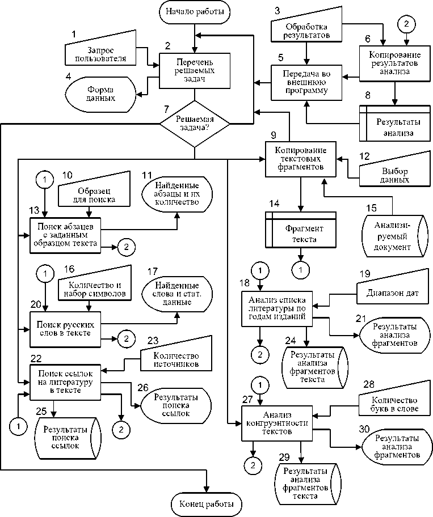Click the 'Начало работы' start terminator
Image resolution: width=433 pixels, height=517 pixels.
click(x=195, y=11)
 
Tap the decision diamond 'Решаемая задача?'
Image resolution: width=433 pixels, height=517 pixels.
click(x=195, y=124)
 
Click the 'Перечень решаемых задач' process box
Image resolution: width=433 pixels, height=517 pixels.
click(x=195, y=70)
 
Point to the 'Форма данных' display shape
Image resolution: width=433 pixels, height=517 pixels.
click(x=102, y=93)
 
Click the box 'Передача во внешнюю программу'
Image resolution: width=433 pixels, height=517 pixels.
click(x=308, y=83)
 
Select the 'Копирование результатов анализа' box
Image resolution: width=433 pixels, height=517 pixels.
click(x=395, y=62)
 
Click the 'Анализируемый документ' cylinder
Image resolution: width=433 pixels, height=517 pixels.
click(x=393, y=236)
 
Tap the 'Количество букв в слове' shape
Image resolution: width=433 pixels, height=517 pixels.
click(x=392, y=405)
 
